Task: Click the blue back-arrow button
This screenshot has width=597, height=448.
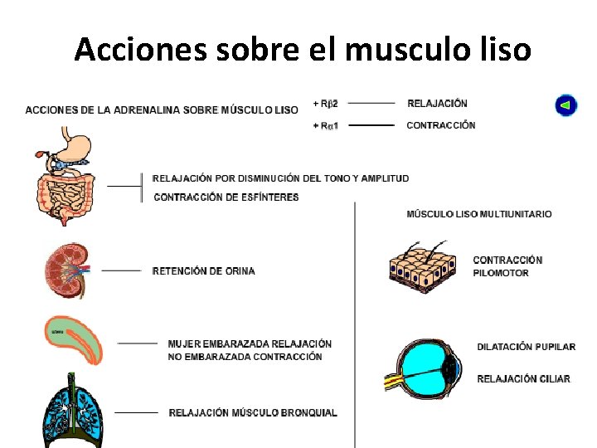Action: point(565,106)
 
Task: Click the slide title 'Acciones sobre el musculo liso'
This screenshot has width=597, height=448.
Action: point(302,50)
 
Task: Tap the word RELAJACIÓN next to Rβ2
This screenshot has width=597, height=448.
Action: point(437,104)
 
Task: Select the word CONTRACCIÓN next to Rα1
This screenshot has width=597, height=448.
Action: point(441,125)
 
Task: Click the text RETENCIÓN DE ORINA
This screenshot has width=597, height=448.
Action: point(203,271)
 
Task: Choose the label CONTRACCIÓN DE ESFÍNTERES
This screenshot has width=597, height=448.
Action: point(226,197)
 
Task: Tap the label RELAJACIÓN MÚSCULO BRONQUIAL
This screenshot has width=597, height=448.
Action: point(253,413)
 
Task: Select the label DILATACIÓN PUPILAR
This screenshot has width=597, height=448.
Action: point(526,347)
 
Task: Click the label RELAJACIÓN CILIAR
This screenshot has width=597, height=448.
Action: point(523,379)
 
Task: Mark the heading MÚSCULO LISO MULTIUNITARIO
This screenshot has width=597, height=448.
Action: point(478,214)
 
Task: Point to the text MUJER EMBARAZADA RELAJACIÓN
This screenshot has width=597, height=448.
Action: point(250,343)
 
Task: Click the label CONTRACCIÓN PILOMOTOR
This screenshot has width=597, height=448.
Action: point(507,266)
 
